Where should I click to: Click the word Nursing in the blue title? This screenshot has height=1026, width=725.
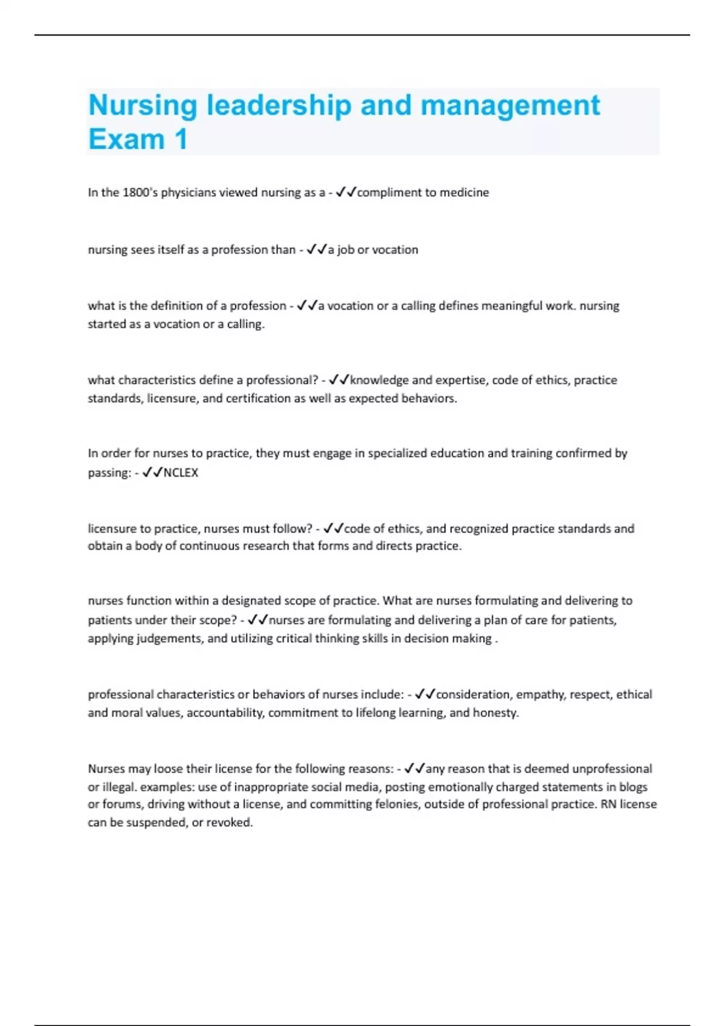[143, 106]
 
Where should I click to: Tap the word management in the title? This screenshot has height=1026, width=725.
[510, 106]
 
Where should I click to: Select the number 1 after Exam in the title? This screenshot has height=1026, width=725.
[181, 140]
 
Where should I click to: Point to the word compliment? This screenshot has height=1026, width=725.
[389, 193]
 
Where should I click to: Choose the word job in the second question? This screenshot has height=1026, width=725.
[346, 250]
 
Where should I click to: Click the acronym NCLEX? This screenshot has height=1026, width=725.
[181, 473]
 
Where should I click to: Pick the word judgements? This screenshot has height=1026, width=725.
[170, 639]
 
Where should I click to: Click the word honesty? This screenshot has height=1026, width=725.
[495, 713]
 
